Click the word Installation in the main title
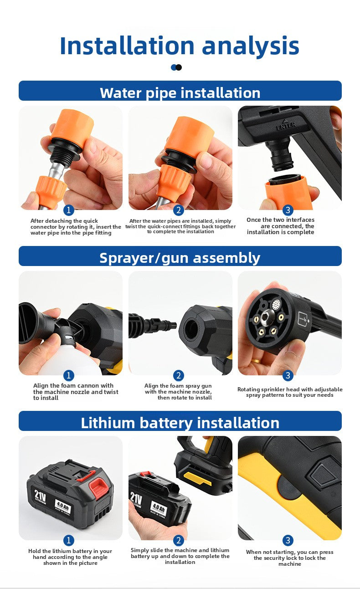point(127,46)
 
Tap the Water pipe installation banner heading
point(180,93)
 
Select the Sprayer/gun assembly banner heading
point(180,258)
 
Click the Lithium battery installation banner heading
point(180,423)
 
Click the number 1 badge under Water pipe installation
point(69,210)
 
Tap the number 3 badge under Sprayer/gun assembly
point(288,375)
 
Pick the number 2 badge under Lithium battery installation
point(179,540)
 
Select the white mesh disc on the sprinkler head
point(276,305)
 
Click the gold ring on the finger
point(256,360)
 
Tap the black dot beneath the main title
point(179,67)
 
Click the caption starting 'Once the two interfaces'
point(280,226)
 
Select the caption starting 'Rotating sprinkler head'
point(290,392)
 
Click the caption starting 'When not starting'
point(290,558)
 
